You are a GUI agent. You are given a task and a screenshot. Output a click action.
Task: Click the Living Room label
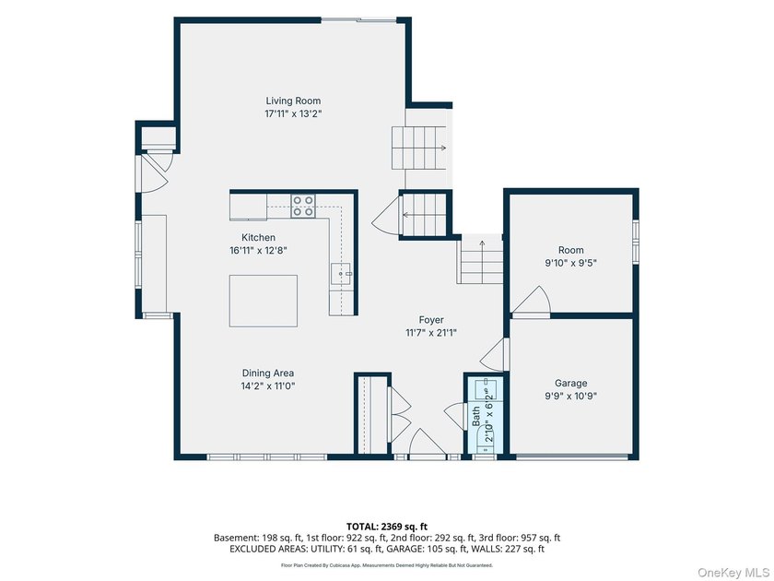(x=293, y=101)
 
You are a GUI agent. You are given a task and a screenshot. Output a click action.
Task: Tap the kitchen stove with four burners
(x=303, y=206)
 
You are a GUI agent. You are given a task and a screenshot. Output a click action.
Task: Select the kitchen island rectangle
(x=264, y=301)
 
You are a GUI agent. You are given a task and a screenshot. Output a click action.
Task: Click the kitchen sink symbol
(x=342, y=274)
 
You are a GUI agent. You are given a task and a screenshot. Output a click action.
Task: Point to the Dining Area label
(x=267, y=373)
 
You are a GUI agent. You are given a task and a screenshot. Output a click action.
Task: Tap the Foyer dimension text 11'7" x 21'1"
(x=431, y=333)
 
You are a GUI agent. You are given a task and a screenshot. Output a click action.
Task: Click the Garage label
(x=570, y=383)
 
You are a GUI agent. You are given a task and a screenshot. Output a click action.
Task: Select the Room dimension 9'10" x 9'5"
(x=570, y=263)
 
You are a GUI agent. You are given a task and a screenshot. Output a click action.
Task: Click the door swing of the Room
(x=531, y=301)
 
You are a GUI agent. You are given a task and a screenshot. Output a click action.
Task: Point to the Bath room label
(x=475, y=417)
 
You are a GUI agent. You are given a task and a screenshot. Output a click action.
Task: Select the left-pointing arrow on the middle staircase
(x=408, y=214)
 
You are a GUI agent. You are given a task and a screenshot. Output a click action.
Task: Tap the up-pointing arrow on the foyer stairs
(x=482, y=245)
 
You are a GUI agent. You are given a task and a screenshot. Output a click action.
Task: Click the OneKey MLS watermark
(x=733, y=573)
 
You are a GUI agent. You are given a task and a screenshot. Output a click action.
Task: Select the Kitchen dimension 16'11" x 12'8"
(x=258, y=251)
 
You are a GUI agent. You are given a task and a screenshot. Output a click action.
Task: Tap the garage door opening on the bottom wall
(x=572, y=457)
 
